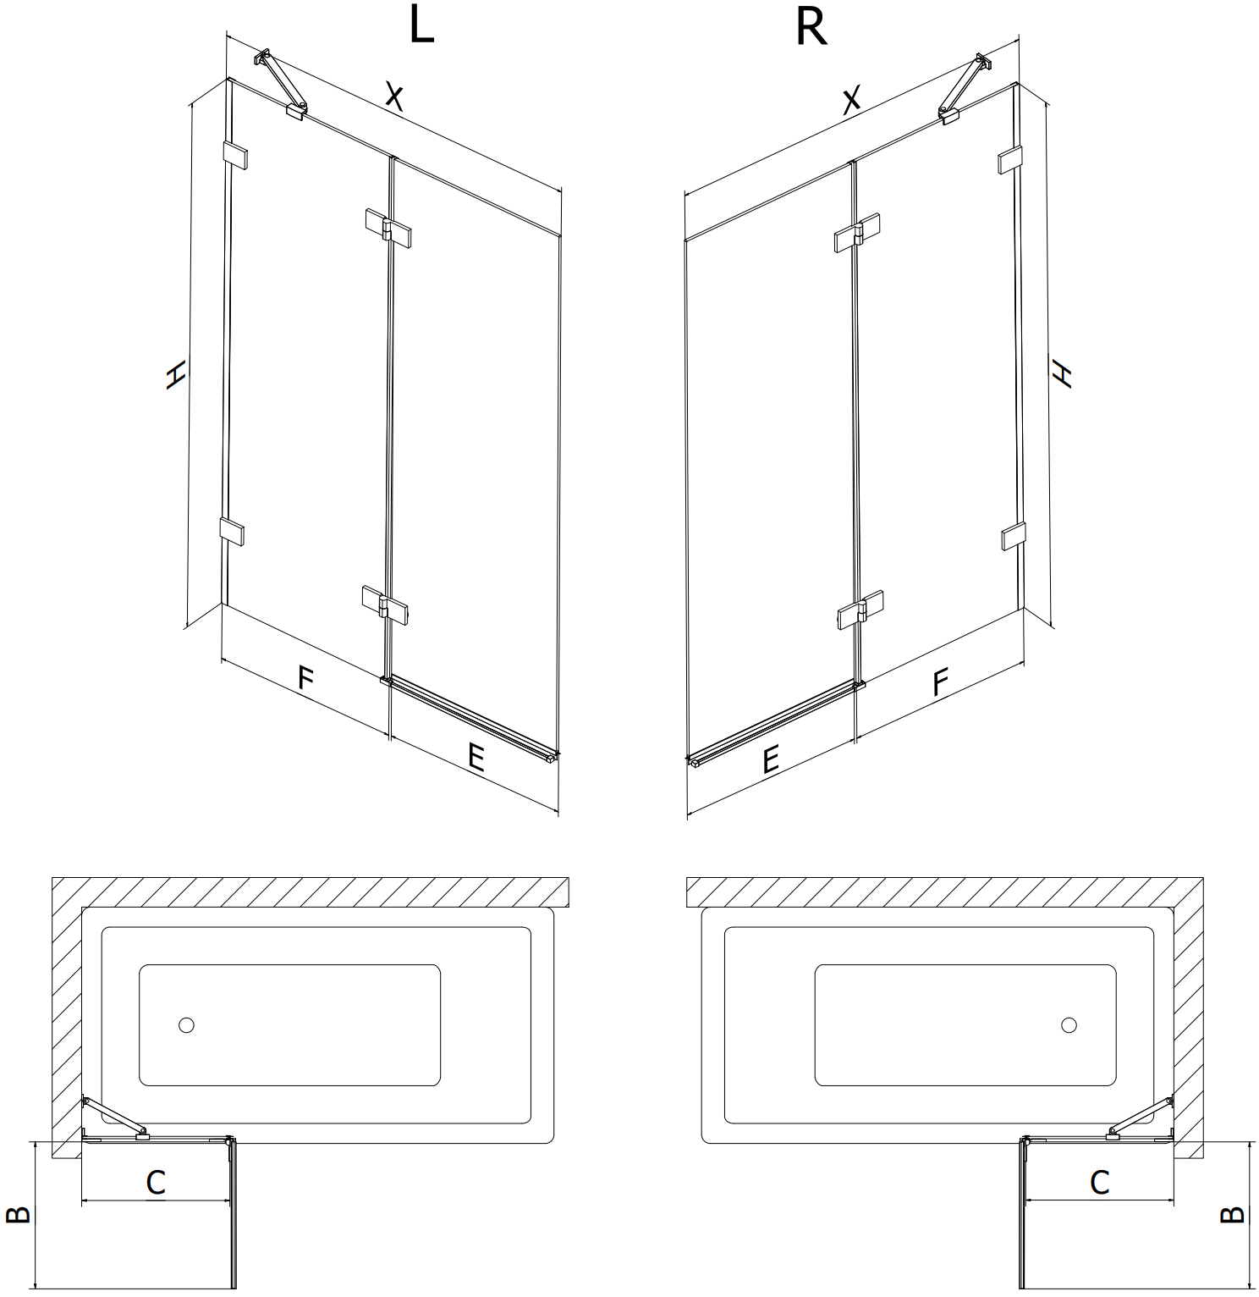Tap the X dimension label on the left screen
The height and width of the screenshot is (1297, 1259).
[393, 97]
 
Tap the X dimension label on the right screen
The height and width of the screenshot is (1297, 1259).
[852, 98]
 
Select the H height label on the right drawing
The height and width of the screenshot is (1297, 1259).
[1061, 373]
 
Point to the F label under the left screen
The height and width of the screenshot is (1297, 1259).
[305, 678]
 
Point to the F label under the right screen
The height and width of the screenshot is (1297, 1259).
[940, 682]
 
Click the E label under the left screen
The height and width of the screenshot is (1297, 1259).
[476, 756]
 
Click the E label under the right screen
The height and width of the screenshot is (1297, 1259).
[770, 760]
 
